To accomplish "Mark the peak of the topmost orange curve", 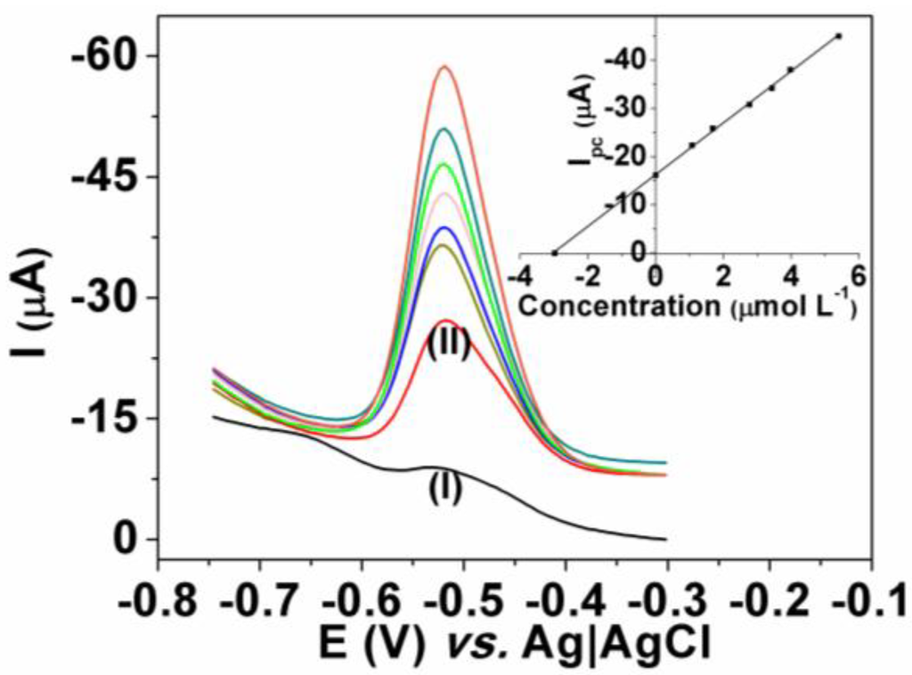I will tap(444, 67).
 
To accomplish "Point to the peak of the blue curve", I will tap(446, 228).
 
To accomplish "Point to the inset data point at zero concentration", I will tap(655, 175).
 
